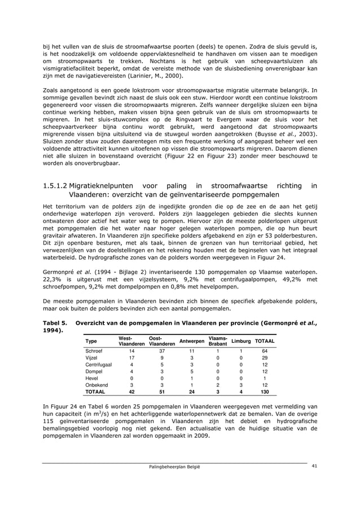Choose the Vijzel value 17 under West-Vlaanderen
[x=131, y=358]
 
